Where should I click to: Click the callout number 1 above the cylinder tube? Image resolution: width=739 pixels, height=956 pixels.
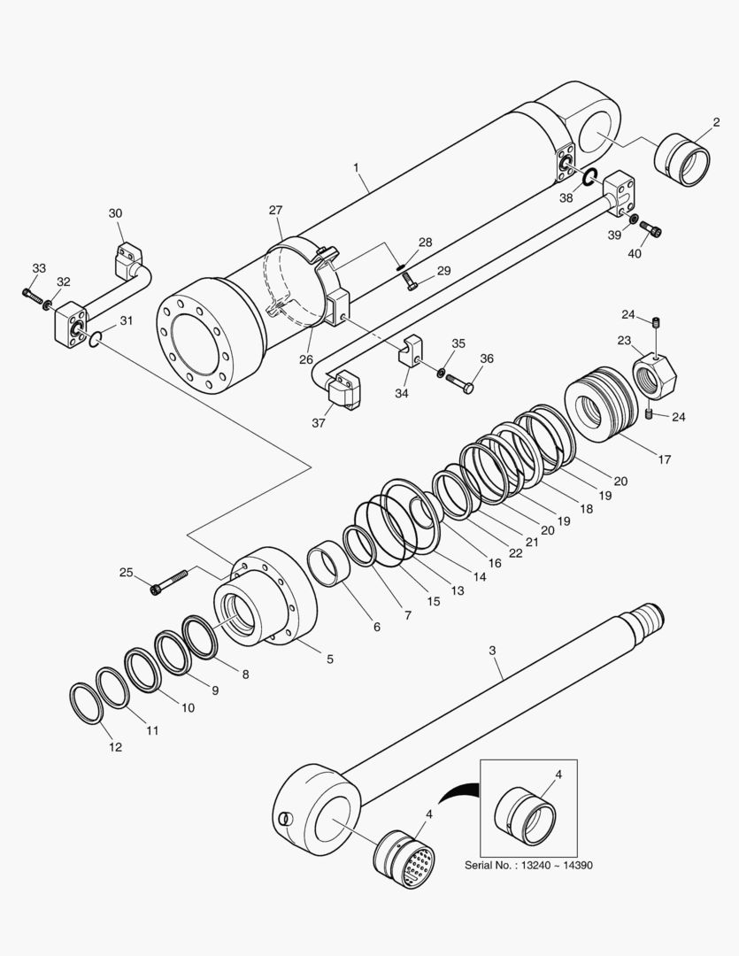click(356, 166)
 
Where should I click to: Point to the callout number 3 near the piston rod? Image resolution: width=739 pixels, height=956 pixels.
click(492, 651)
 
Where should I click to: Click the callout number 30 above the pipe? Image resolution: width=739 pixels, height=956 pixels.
click(116, 213)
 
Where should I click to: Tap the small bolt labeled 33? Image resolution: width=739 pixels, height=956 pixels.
click(35, 295)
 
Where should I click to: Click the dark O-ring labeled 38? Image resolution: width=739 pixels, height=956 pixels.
click(591, 177)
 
